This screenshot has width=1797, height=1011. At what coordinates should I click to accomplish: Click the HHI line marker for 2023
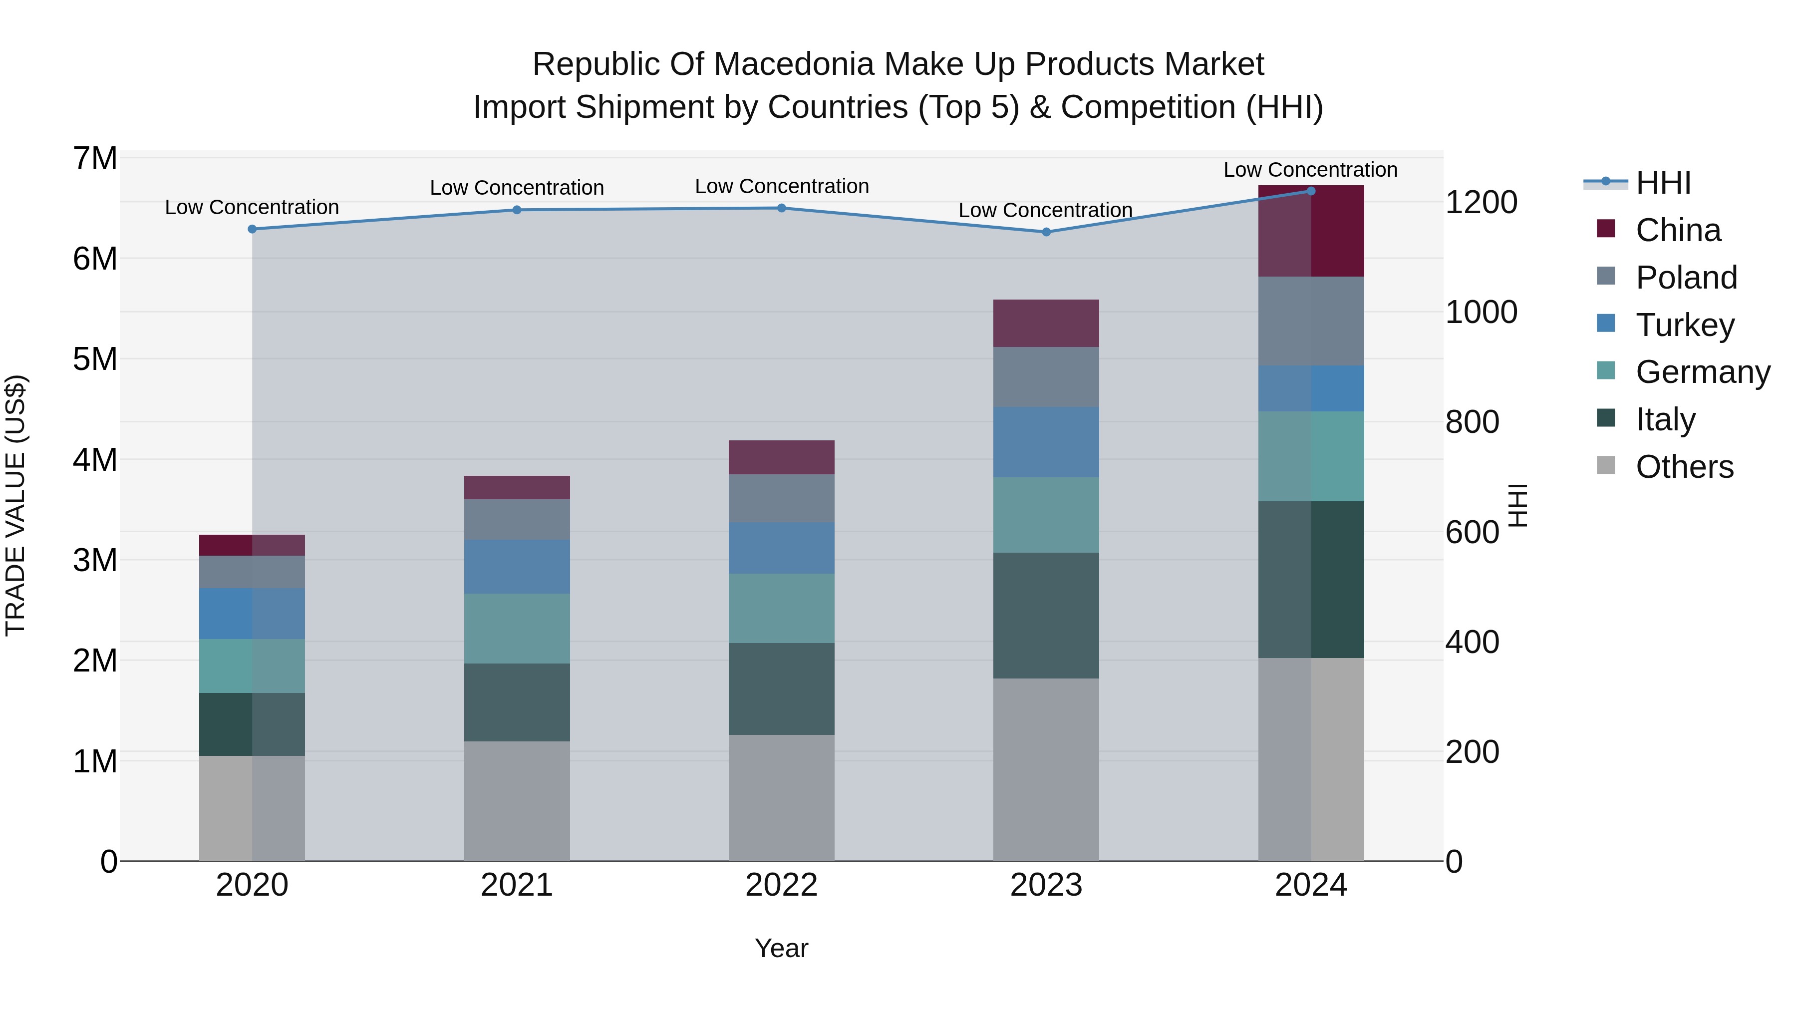coord(1046,232)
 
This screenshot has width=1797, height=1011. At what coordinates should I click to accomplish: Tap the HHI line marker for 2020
coord(252,229)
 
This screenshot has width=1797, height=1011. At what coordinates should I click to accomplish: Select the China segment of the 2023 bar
coord(1046,323)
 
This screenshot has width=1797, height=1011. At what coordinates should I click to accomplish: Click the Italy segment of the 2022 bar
coord(781,688)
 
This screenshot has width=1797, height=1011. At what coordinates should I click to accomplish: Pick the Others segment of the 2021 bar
coord(517,801)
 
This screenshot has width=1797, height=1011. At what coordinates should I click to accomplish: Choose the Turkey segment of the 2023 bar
coord(1046,442)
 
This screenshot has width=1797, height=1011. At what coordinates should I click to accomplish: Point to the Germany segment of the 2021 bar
coord(517,628)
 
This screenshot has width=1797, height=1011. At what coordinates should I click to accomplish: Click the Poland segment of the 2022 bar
coord(781,498)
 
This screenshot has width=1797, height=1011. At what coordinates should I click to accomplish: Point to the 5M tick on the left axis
coord(95,359)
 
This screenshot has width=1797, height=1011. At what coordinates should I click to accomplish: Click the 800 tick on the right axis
coord(1472,422)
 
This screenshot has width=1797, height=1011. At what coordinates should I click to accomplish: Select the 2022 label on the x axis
coord(781,885)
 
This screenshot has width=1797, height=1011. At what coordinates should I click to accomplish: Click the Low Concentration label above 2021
coord(517,188)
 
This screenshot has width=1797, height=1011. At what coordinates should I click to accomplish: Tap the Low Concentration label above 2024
coord(1310,170)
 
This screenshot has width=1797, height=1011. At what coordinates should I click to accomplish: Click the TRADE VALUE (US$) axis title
coord(15,505)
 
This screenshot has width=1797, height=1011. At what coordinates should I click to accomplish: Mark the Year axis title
coord(781,948)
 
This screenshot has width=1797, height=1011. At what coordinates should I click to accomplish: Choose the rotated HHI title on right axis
coord(1518,505)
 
